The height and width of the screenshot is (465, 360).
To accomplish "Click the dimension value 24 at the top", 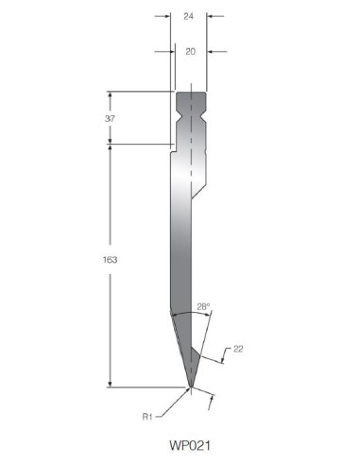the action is coord(188,16).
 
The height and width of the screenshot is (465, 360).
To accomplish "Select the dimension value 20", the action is coord(190,51).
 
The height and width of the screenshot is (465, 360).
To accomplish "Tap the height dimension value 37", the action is coord(110,119).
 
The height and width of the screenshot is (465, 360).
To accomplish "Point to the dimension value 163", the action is coord(110,260).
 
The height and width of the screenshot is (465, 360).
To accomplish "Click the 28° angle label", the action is coord(203,306).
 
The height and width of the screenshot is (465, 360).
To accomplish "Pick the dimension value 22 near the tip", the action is coord(238,349).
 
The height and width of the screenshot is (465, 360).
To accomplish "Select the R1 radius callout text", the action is coord(147,417).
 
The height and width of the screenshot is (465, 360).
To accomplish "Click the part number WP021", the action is coord(190,445).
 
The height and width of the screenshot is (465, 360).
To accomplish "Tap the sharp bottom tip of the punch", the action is coord(190,387).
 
